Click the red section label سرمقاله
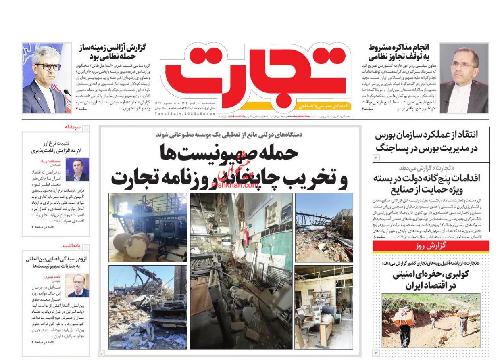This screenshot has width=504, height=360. (x=73, y=127)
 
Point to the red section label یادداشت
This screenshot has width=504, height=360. (x=72, y=245)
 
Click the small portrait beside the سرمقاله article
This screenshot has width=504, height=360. (x=80, y=170)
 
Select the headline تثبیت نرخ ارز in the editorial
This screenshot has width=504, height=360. (x=56, y=147)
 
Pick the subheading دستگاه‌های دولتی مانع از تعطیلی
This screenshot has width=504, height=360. (x=229, y=135)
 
